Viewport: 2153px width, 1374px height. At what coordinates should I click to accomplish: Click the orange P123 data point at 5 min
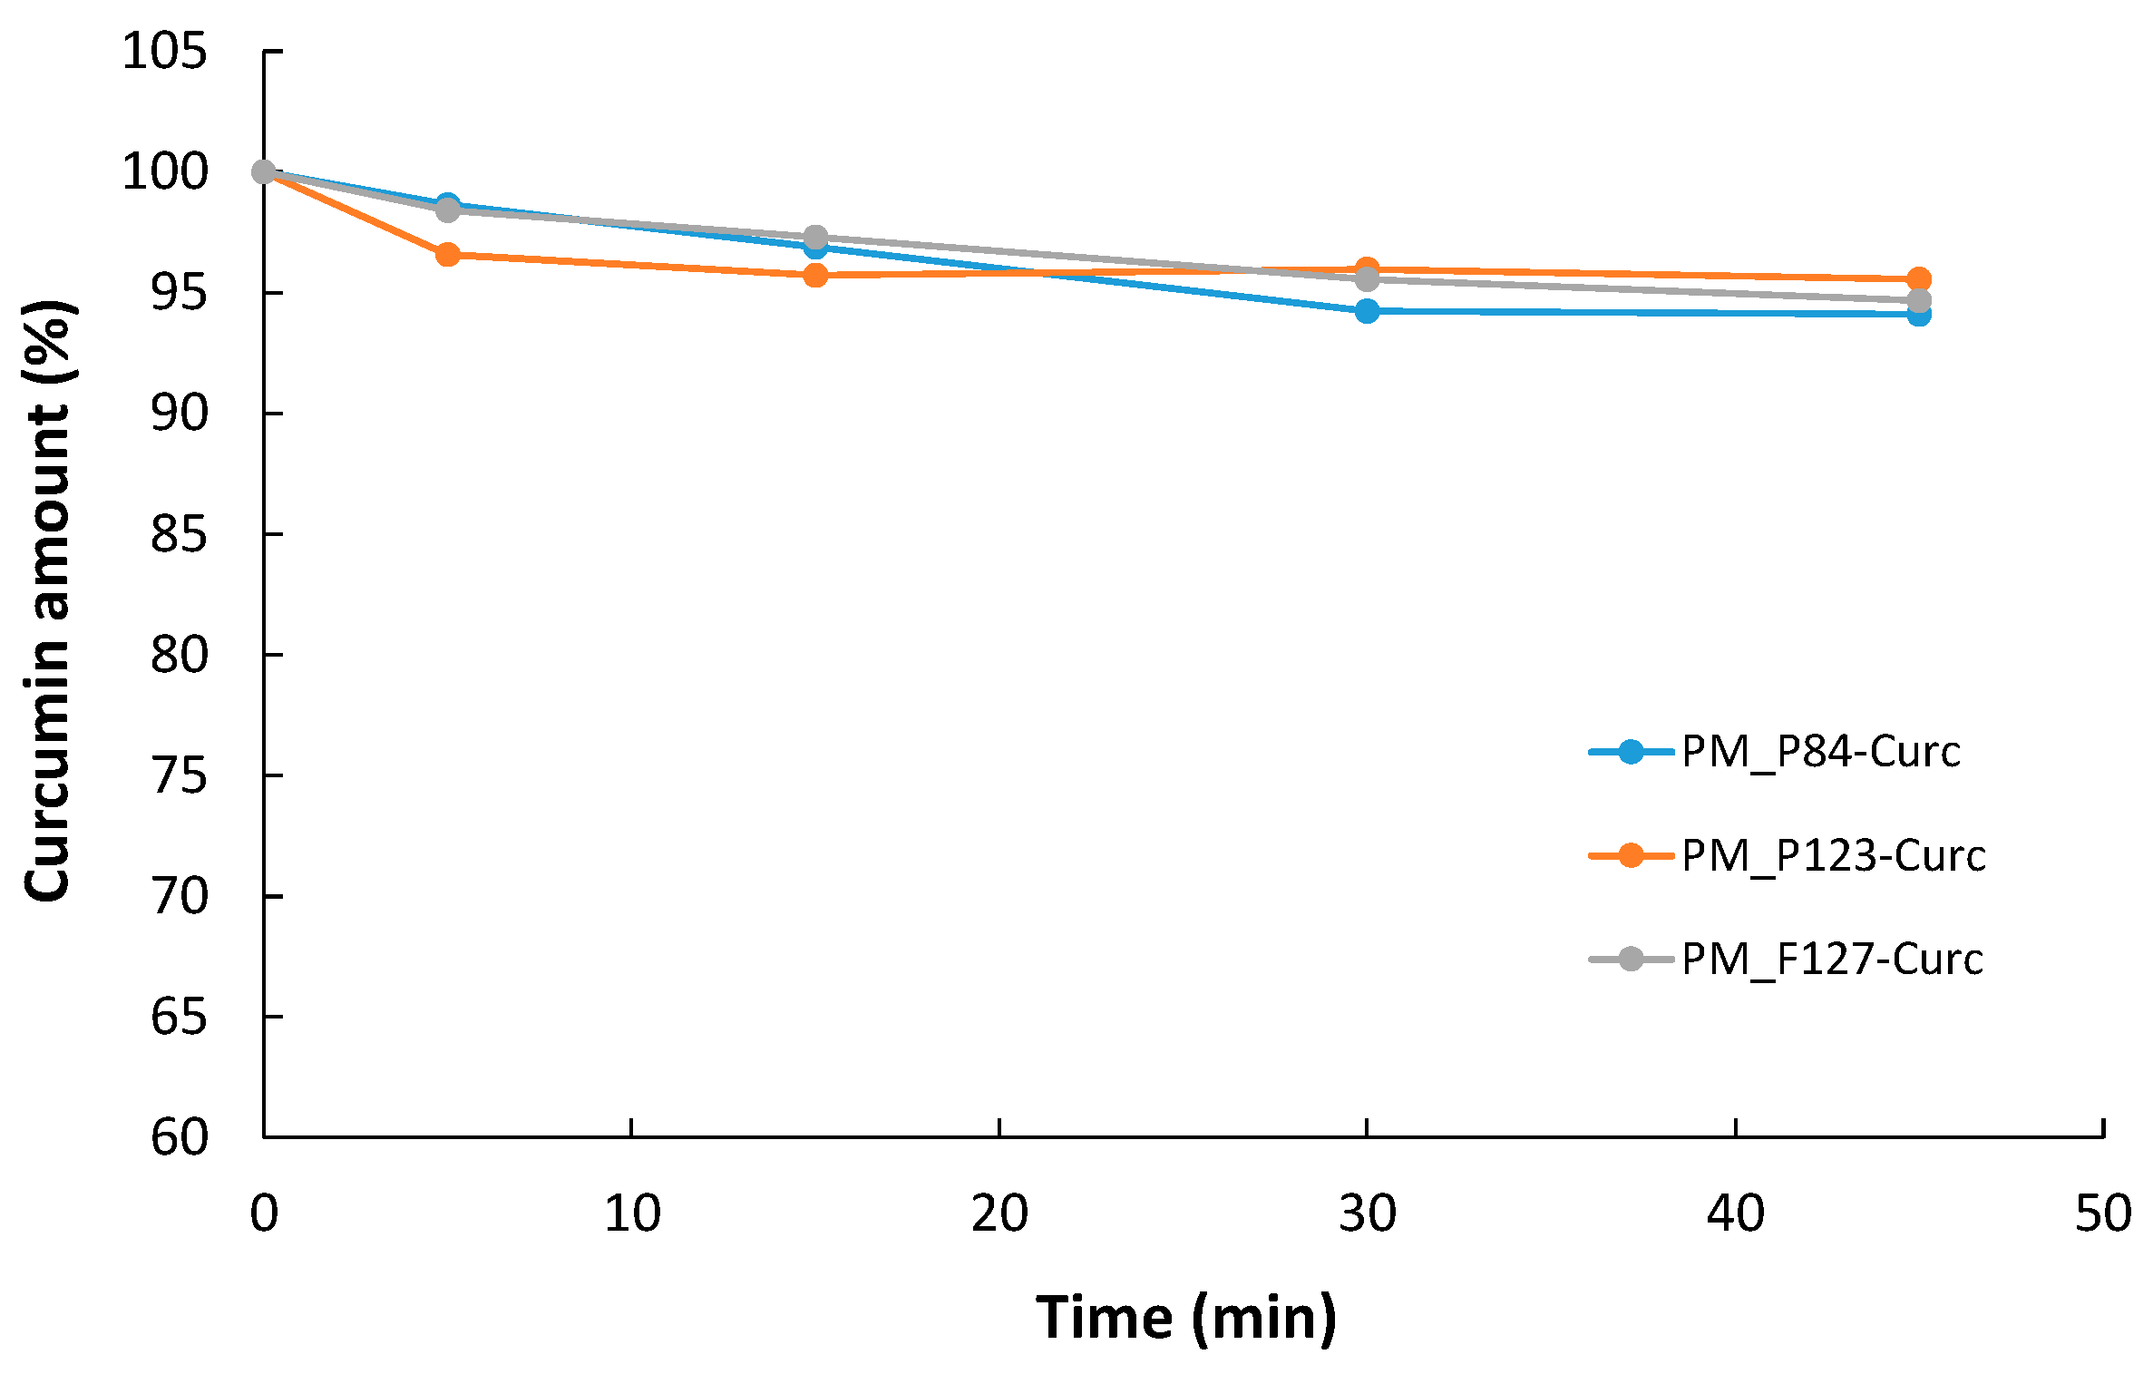pos(447,255)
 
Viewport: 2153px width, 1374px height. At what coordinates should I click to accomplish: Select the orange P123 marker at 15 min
pos(815,275)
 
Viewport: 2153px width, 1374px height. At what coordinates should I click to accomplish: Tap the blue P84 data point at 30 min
pos(1367,311)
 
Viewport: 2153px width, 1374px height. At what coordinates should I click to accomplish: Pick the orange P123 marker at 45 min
pos(1918,279)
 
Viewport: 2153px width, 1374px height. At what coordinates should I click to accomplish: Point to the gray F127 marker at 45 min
pos(1918,300)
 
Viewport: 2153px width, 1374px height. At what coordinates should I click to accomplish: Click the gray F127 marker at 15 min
pos(815,237)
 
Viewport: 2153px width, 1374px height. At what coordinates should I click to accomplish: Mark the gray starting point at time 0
pos(263,171)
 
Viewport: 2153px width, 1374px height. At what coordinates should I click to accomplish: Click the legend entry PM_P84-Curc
pos(1820,752)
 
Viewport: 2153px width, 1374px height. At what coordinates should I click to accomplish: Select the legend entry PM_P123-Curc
pos(1833,855)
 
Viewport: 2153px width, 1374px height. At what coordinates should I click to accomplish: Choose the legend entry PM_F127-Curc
pos(1832,959)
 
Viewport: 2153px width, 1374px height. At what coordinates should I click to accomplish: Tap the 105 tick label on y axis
pos(164,51)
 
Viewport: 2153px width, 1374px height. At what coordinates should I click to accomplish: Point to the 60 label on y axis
pos(179,1136)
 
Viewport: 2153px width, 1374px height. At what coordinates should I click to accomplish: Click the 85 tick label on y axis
pos(179,533)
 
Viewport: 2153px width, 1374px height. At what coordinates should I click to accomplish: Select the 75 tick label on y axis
pos(179,775)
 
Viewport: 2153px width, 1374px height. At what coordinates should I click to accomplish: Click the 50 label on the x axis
pos(2102,1213)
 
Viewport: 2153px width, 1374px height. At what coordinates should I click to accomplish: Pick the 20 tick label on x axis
pos(999,1213)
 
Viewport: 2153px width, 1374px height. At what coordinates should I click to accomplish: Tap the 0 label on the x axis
pos(263,1213)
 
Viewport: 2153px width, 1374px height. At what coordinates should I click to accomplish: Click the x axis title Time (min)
pos(1185,1318)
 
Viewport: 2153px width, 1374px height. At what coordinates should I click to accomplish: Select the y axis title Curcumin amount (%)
pos(47,600)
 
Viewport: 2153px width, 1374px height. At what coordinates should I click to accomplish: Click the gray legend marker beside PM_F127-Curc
pos(1631,959)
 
